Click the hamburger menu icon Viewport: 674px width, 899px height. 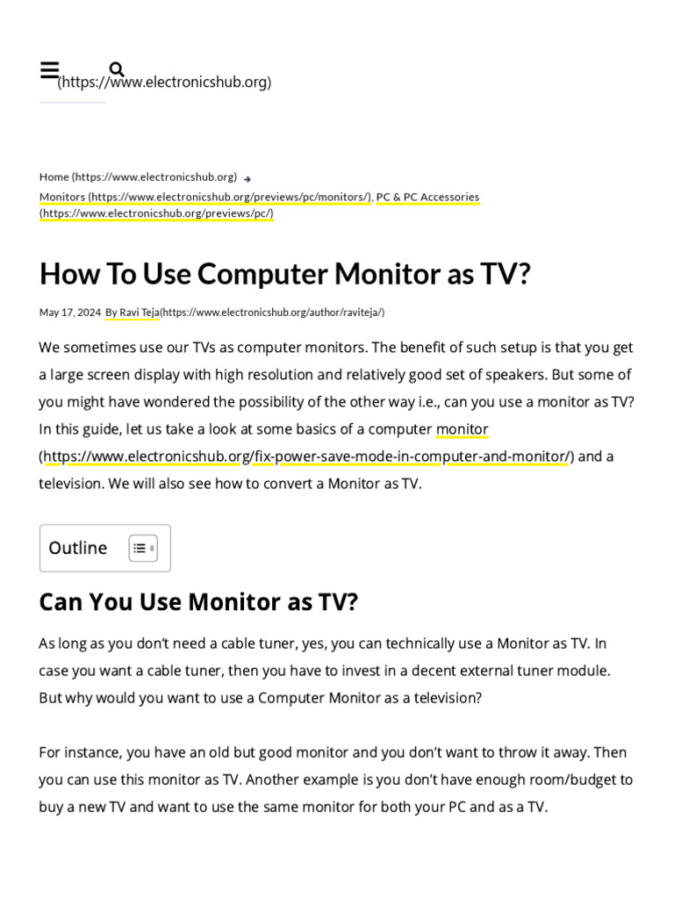[49, 71]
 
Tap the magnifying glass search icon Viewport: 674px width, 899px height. [117, 69]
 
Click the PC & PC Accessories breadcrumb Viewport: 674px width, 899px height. [427, 197]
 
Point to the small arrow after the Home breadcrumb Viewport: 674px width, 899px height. [247, 178]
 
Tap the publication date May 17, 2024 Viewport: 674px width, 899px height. [69, 312]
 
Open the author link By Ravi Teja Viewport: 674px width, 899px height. [132, 312]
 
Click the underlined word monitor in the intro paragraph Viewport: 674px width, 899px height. [462, 429]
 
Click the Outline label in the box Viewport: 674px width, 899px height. [78, 548]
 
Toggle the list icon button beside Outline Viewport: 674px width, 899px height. [143, 548]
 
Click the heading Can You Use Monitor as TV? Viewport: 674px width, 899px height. [198, 602]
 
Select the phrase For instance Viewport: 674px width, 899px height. [78, 752]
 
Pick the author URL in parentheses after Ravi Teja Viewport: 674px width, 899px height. [272, 312]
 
